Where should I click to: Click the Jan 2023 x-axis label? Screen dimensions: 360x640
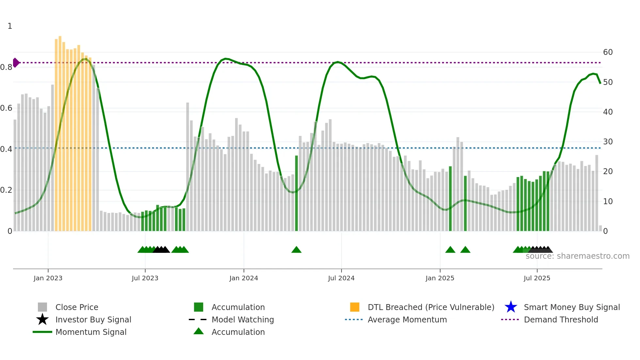[48, 278]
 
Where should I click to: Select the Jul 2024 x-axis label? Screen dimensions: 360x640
[341, 278]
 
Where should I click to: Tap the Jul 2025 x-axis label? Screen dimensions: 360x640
[537, 278]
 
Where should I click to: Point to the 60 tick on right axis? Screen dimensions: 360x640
[608, 52]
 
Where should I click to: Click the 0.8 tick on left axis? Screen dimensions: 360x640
[6, 67]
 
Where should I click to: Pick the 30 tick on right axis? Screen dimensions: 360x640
[608, 142]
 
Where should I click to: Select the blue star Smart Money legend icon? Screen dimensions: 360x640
[511, 307]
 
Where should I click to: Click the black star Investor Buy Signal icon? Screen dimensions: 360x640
[42, 319]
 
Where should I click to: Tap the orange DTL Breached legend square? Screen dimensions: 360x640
[355, 307]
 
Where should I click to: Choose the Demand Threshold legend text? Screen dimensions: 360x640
[561, 319]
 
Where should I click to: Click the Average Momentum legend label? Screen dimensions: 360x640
[407, 319]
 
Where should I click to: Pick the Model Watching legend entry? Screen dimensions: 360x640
[243, 319]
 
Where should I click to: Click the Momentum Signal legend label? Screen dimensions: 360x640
[91, 332]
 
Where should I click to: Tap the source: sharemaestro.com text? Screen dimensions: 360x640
[577, 256]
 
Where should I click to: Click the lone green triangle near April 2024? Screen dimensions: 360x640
[296, 250]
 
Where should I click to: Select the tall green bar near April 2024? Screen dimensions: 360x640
[296, 193]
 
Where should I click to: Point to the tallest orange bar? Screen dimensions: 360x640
[60, 131]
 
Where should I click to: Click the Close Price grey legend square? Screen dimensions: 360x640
[42, 307]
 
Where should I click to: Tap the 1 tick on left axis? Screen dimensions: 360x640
[10, 26]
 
